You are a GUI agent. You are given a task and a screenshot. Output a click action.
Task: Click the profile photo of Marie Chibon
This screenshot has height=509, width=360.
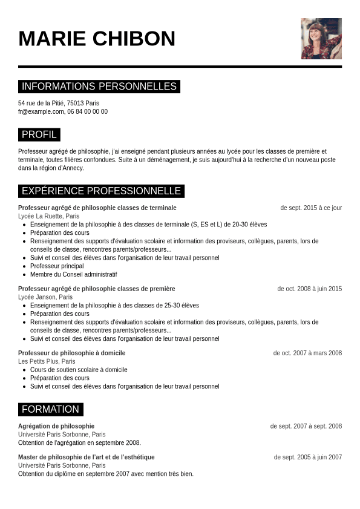[321, 39]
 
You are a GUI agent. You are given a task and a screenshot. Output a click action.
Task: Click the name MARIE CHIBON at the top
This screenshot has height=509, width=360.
[97, 39]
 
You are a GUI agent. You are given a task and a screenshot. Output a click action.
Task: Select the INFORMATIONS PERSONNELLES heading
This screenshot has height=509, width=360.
[99, 87]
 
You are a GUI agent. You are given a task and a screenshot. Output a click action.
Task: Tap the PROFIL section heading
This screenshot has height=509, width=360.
[39, 134]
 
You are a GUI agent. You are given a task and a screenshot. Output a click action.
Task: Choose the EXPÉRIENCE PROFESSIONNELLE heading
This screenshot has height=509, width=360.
[101, 191]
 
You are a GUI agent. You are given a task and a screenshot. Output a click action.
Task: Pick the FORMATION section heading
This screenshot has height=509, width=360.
[50, 409]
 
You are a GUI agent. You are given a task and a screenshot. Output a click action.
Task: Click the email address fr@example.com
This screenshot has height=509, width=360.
[41, 111]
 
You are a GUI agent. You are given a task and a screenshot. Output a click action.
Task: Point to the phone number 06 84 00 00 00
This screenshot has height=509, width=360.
[88, 111]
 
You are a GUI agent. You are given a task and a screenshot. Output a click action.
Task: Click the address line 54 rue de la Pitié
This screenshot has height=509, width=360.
[59, 103]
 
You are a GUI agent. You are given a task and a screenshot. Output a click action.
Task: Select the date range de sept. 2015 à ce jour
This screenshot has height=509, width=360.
[311, 208]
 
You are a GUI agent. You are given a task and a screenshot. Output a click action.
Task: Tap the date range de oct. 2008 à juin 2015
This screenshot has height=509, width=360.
[309, 289]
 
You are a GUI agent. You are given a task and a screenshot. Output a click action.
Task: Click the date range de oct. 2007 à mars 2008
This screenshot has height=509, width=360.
[307, 353]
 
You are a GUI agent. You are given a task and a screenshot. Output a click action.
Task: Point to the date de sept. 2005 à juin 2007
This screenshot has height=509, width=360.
[307, 457]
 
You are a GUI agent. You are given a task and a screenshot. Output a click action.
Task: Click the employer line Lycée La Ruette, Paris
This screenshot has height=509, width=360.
[48, 216]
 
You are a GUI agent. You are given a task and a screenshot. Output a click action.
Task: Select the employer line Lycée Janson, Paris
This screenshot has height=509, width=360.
[45, 297]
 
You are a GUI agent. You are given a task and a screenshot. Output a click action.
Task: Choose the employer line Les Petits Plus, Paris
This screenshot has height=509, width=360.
[47, 361]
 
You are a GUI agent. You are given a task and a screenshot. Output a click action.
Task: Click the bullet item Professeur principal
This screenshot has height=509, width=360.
[57, 266]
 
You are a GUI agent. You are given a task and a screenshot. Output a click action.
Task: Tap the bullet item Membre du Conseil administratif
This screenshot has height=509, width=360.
[73, 274]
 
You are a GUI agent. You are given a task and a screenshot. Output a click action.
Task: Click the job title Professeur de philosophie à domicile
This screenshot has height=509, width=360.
[71, 353]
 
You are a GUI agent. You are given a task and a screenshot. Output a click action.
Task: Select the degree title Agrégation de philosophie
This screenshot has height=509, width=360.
[56, 426]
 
